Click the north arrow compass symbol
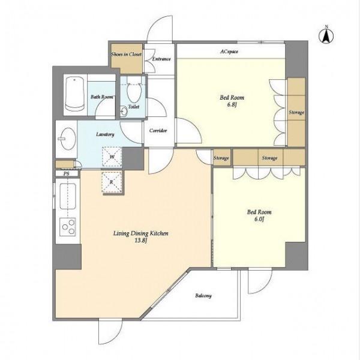pos(326,35)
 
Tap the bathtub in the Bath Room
pos(74,94)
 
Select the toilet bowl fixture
pos(134,91)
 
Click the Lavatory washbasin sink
pos(68,139)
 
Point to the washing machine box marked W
pos(112,157)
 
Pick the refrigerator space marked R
pos(112,182)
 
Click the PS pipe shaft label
pos(66,173)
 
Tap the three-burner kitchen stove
pos(68,227)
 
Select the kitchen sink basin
pos(68,197)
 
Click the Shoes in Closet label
pos(126,55)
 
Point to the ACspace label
pos(229,52)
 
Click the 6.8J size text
pos(232,105)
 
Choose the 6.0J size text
pos(259,219)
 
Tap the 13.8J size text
pos(141,241)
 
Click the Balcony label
pos(203,296)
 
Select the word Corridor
pos(158,131)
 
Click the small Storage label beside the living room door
pos(221,158)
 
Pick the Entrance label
pos(161,59)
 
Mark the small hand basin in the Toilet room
pos(124,112)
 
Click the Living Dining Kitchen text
pos(141,233)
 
